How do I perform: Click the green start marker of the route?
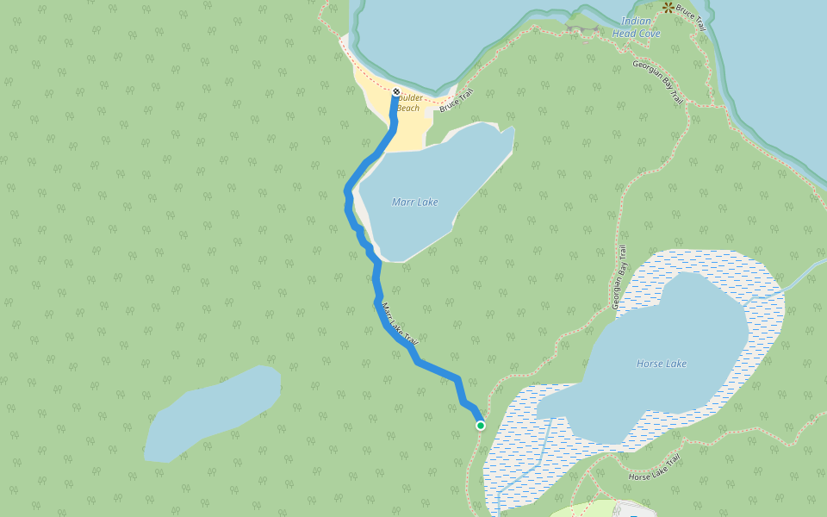click(480, 425)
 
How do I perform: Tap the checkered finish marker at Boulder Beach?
click(396, 91)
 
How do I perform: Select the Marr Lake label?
click(414, 202)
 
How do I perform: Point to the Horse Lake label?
click(662, 364)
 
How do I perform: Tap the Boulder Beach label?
click(408, 103)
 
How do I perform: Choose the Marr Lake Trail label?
click(399, 324)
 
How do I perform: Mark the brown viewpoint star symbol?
click(668, 7)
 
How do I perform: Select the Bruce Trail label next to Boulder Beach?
click(457, 103)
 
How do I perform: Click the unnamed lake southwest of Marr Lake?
click(212, 414)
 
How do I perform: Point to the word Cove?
click(649, 34)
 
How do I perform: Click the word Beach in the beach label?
click(408, 108)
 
